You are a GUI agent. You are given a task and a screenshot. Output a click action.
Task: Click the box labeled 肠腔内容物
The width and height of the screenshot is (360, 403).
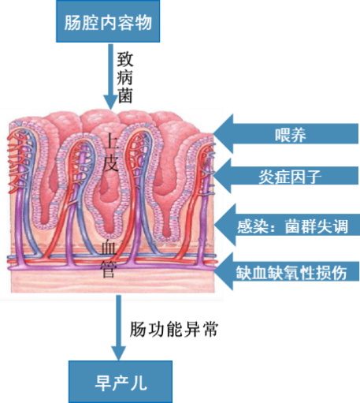point(108,21)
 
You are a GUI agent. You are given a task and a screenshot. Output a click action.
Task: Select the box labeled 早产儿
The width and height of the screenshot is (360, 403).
point(121,382)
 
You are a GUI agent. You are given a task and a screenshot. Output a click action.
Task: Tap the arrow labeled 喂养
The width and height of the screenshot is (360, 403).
point(286,134)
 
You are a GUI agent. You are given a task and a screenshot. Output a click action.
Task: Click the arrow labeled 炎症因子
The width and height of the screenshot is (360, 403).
point(286,176)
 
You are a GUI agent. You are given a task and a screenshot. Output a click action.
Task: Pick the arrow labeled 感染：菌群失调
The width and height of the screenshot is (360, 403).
point(287,226)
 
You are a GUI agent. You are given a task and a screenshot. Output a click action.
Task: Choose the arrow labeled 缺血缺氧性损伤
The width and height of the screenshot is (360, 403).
point(287,271)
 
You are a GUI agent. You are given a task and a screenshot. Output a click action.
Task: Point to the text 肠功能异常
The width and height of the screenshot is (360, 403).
point(174,329)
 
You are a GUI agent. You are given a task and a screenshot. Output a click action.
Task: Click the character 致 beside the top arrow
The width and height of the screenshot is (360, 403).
point(125,59)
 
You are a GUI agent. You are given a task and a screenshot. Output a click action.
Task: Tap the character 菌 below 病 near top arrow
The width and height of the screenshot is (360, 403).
point(125,95)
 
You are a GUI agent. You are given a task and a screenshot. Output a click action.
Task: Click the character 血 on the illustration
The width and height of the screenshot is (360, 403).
point(109,248)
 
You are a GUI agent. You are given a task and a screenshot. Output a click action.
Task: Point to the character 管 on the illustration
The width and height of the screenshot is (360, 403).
point(108,269)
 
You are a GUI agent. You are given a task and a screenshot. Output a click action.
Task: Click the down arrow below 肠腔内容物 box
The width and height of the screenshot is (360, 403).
point(110,76)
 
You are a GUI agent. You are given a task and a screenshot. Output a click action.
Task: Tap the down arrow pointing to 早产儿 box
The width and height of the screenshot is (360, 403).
point(118,327)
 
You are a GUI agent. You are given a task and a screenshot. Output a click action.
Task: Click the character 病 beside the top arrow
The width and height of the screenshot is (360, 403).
point(125,77)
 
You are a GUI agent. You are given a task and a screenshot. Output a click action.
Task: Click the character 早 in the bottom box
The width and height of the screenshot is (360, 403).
point(103,382)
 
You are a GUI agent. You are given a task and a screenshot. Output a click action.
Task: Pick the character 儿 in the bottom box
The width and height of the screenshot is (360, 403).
point(139,382)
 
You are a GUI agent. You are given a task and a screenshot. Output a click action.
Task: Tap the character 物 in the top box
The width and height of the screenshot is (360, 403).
point(143,22)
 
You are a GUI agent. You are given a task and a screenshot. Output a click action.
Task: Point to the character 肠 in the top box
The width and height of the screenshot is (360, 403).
point(72,22)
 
